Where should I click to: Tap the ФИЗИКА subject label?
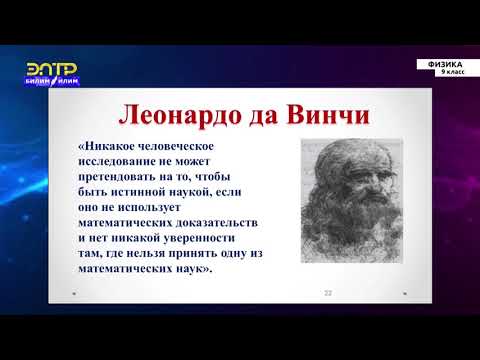click(x=444, y=63)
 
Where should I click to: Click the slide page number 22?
click(x=327, y=292)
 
